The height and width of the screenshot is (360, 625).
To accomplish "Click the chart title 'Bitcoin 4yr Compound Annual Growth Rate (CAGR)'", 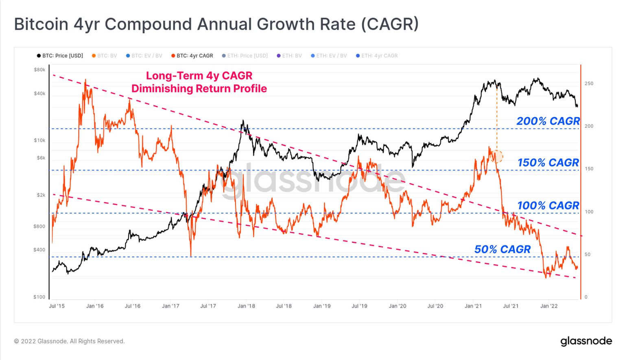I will pos(216,24).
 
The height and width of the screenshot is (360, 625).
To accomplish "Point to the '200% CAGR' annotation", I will pos(548,121).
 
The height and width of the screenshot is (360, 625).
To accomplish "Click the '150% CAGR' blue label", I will pos(548,163).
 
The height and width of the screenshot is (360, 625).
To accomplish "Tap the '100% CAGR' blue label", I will pos(548,205).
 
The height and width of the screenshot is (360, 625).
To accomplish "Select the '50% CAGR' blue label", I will pos(502,249).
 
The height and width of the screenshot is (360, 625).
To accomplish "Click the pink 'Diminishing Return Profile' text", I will pos(199,89).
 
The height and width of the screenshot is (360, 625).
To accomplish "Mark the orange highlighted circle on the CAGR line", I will pos(497,156).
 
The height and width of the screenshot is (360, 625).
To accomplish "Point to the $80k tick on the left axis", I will pos(39,70).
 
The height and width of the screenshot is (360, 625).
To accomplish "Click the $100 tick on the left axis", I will pos(39,297).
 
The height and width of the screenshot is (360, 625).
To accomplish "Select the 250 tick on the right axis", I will pos(589,83).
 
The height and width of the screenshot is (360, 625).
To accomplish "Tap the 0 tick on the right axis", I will pos(586,297).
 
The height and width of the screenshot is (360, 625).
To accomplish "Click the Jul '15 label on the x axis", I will pos(57,306).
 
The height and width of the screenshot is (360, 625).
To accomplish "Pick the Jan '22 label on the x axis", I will pos(549,306).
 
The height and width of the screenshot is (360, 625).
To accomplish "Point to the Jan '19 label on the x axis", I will pos(322,306).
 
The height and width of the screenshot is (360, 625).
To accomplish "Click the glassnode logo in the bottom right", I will pos(586,341).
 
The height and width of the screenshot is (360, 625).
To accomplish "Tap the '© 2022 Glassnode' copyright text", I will pos(69,341).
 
